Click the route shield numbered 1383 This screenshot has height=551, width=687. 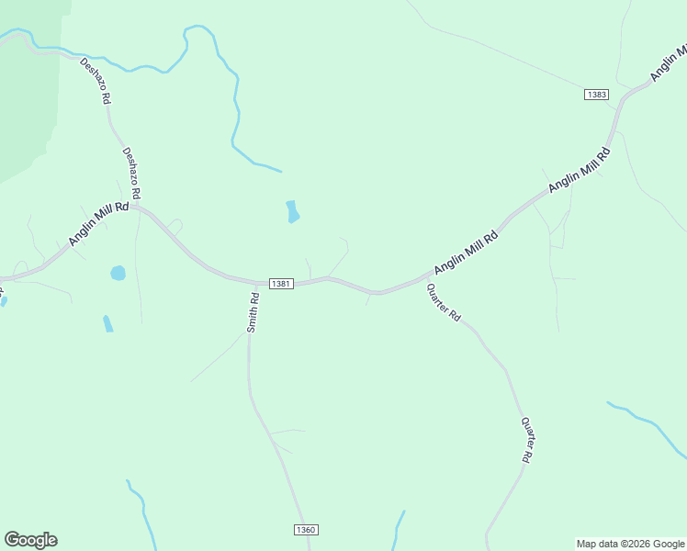click(x=596, y=95)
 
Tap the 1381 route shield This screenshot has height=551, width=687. click(x=281, y=284)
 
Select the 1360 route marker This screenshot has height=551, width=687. click(x=306, y=530)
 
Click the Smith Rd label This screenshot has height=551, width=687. click(x=253, y=311)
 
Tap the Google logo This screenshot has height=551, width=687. click(x=30, y=540)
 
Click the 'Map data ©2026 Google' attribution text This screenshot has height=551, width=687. click(x=630, y=544)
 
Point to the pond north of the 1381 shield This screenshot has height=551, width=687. click(x=292, y=212)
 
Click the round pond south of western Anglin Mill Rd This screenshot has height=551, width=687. click(x=118, y=273)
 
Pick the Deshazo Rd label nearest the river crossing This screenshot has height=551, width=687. click(x=96, y=81)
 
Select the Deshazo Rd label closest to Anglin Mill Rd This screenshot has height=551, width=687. click(x=134, y=174)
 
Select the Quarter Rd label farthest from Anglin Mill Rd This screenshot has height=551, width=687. click(x=527, y=440)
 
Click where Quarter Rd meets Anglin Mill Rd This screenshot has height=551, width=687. click(x=424, y=277)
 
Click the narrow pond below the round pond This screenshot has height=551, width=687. click(x=107, y=323)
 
